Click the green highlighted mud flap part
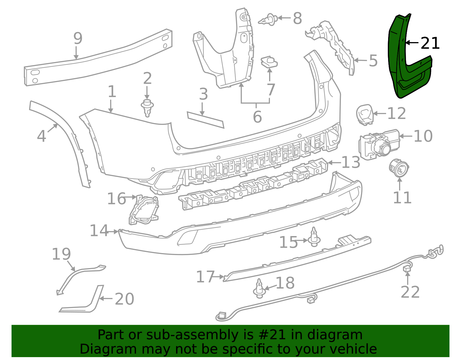403,72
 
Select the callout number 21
430,44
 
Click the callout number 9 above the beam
78,38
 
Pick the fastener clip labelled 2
147,108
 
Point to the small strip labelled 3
205,120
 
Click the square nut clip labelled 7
269,62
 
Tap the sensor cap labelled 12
365,114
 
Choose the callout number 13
351,162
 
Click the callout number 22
410,292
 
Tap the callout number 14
99,231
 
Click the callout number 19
61,254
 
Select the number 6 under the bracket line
257,117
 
